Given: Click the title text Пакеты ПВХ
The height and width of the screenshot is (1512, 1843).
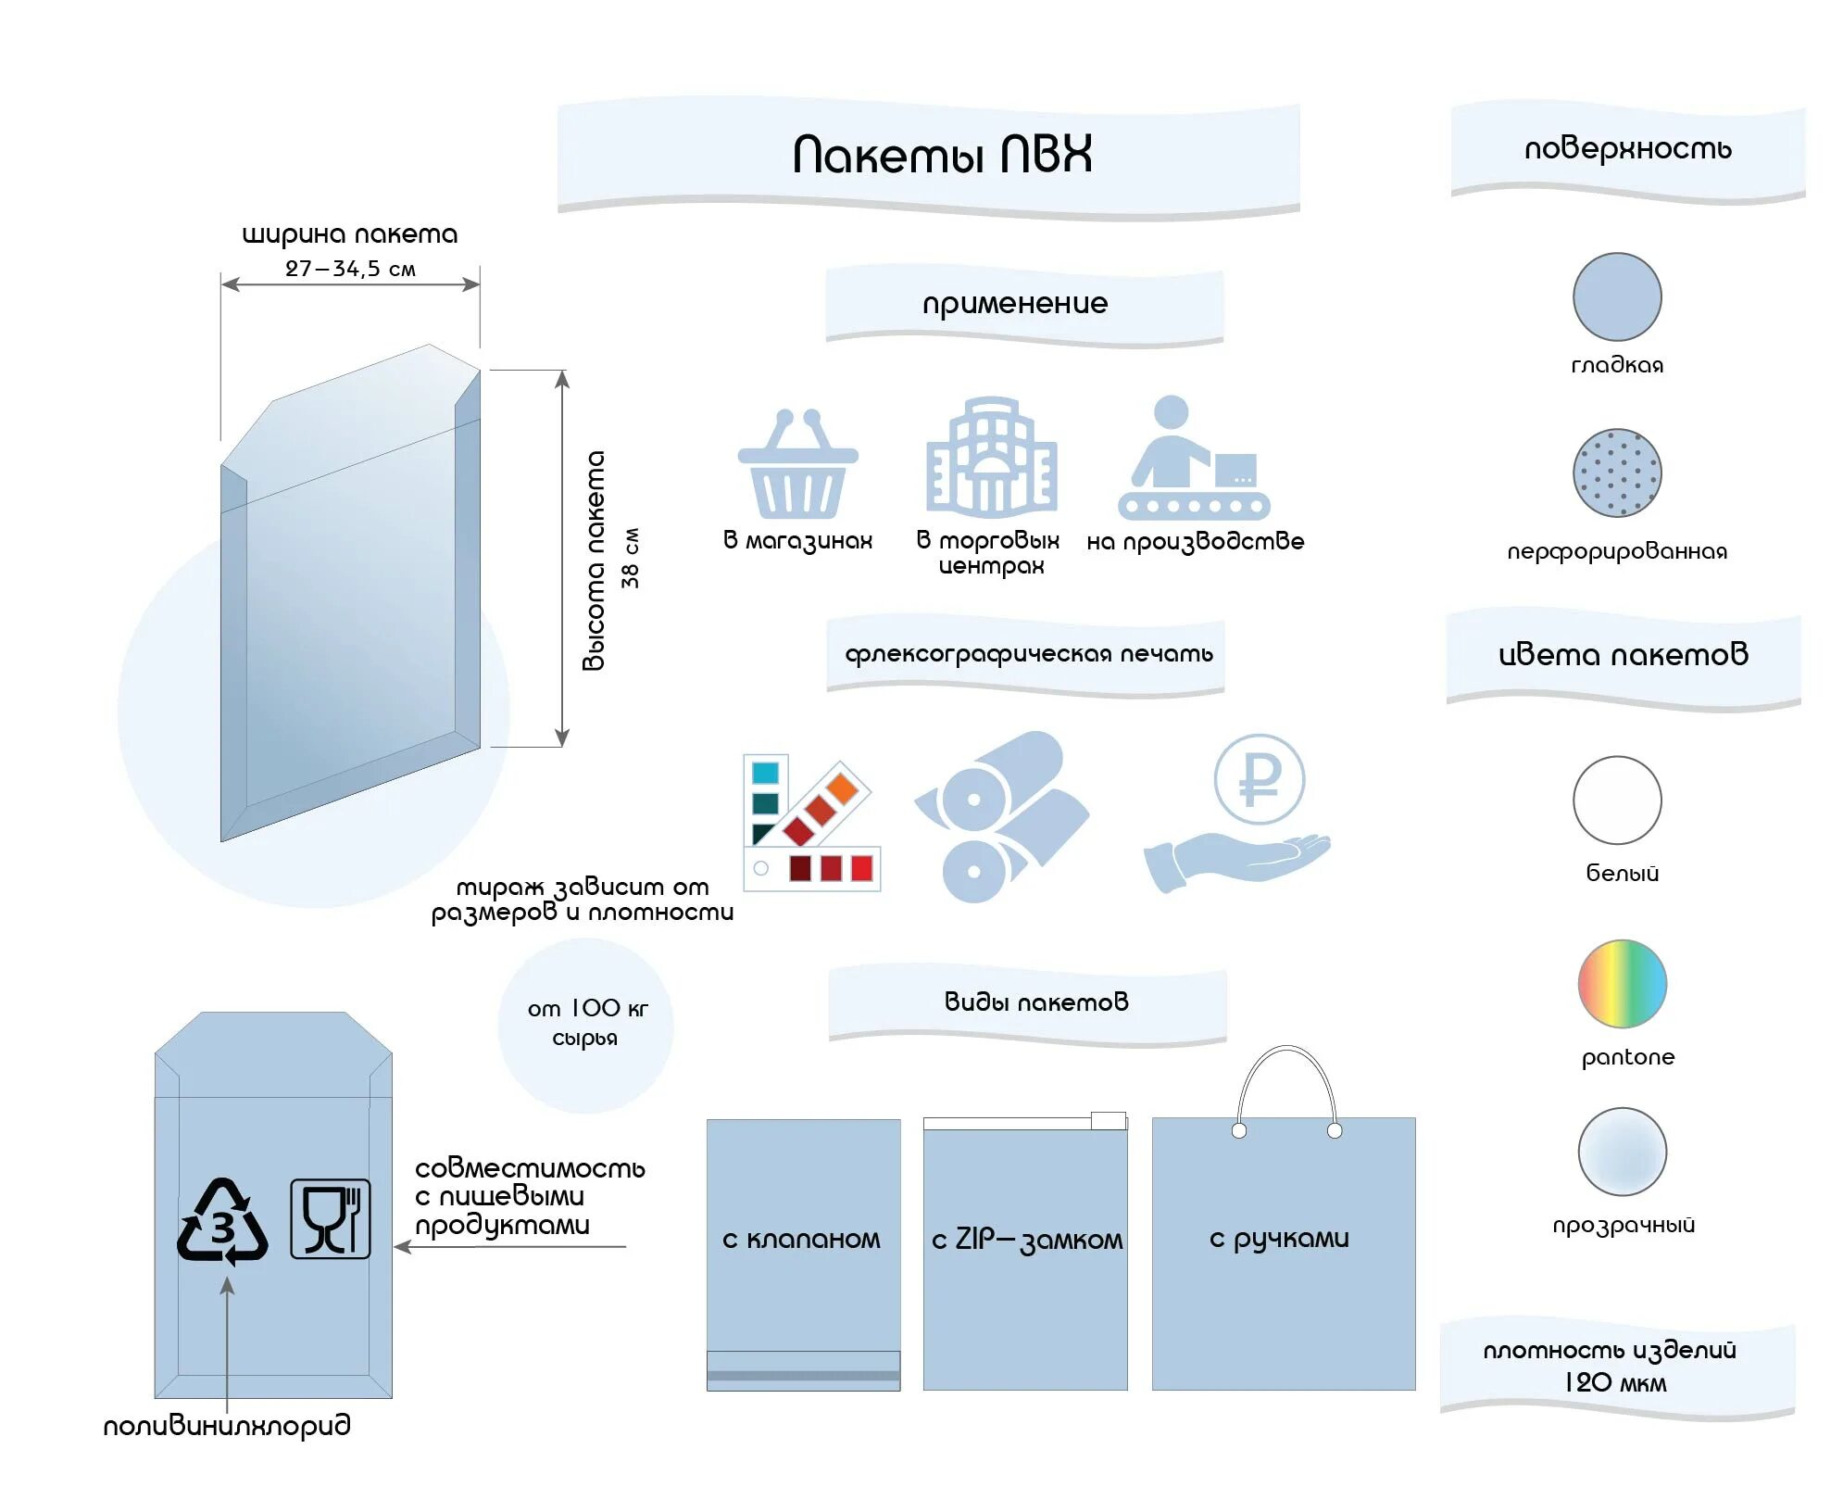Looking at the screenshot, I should coord(942,155).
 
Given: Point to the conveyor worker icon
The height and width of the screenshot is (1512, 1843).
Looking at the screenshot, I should coord(1193,460).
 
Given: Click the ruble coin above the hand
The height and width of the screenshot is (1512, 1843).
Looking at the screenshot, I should coord(1259,779).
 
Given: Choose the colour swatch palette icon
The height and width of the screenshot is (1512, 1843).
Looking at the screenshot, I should coord(809,823).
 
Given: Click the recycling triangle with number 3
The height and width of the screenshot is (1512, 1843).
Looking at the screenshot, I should coord(222,1222).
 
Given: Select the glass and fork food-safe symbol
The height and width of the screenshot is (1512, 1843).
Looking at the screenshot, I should coord(330,1218).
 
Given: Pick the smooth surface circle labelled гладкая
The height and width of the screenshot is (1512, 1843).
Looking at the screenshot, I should coord(1616,296).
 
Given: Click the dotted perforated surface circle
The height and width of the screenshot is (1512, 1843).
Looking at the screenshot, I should coord(1616,472).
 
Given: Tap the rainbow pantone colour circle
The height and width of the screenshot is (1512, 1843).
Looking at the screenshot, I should coord(1622,983).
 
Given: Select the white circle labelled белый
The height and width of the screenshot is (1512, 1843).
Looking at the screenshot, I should coord(1617,800).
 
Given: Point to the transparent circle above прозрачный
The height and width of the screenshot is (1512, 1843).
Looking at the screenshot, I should coord(1622,1151).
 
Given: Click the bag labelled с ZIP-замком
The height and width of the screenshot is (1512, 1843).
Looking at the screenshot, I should coord(1025,1255).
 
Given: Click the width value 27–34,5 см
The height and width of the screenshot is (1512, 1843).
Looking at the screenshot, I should coord(350,269).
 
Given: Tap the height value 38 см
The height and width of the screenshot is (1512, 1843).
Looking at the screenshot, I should coord(631,558).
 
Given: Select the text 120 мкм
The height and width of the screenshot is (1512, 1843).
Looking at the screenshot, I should coord(1615,1382).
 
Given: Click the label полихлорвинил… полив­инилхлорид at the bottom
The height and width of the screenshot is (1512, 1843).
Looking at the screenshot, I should coord(227,1425).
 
